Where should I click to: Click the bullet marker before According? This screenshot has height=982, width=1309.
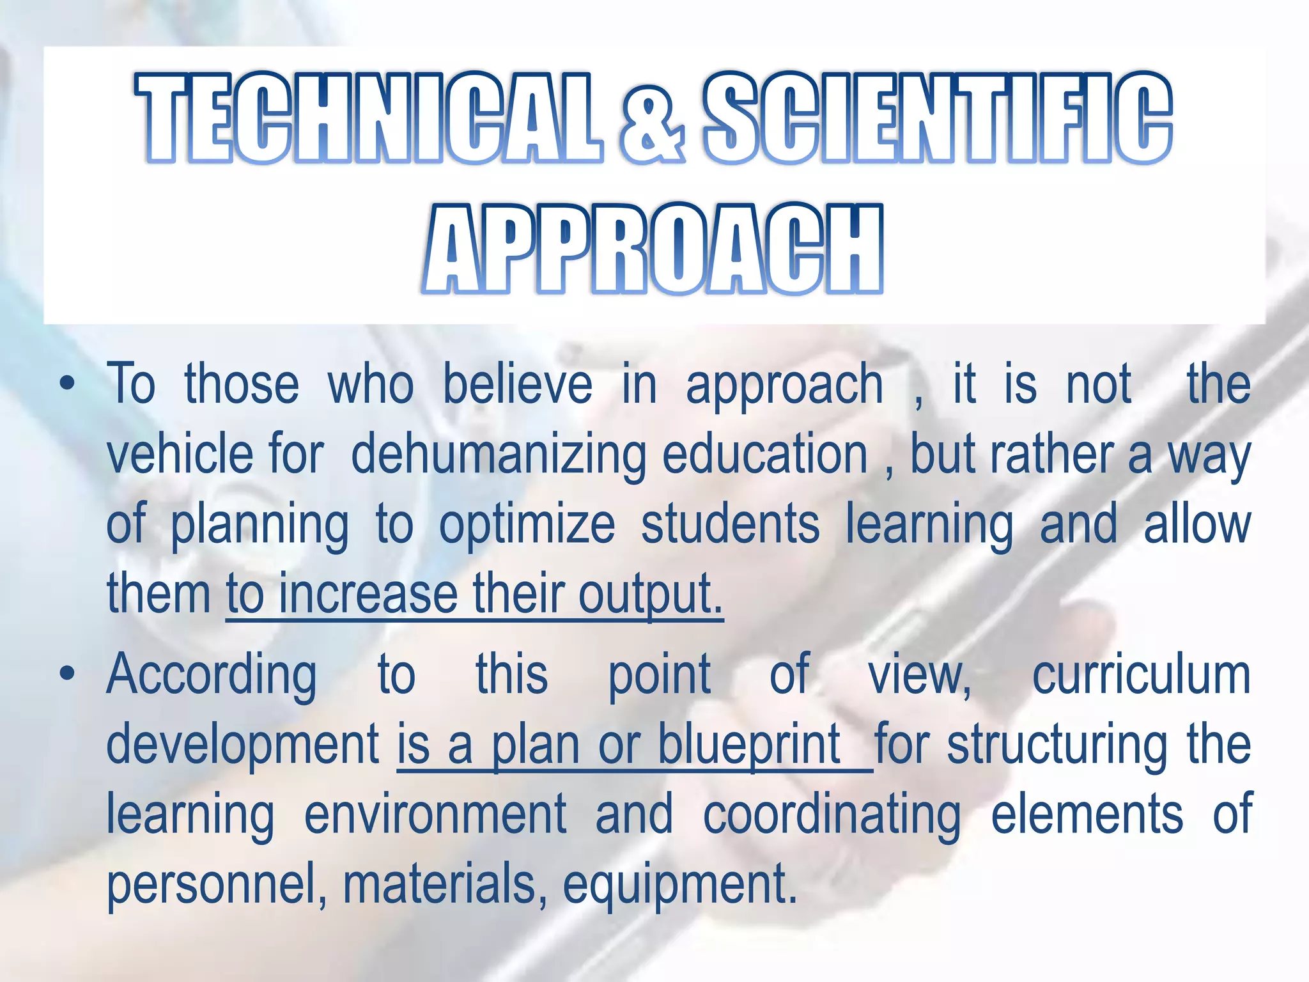coord(66,674)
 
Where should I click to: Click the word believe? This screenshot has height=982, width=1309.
coord(518,386)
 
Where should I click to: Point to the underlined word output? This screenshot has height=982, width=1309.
coord(650,595)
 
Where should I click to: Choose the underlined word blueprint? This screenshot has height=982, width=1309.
coord(749,745)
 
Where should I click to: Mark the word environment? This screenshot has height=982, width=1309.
coord(435,814)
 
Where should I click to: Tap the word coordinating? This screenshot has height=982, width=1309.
coord(832,814)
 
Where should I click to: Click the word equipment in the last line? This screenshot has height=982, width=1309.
coord(680,886)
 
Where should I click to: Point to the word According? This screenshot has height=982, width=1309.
coord(212,676)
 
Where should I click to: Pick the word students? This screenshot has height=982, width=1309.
coord(730,524)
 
